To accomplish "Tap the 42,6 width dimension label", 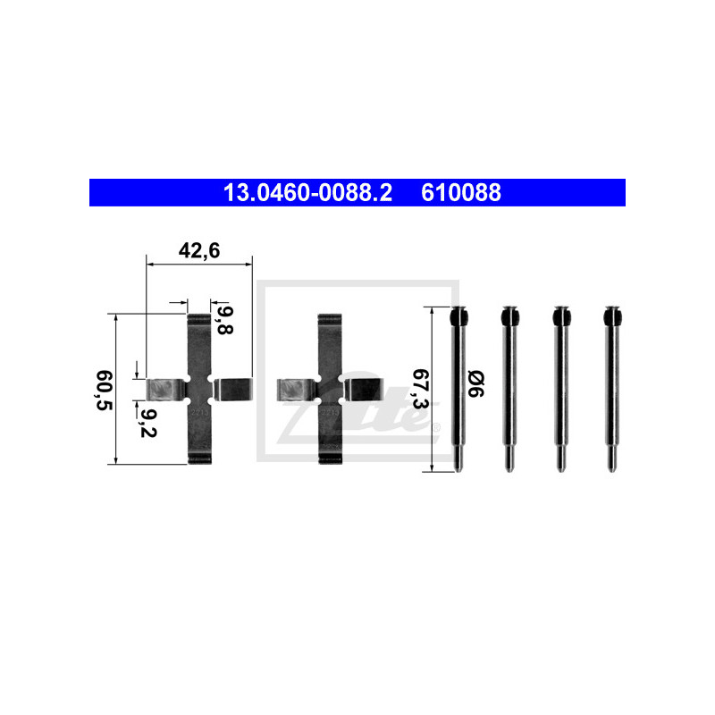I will (x=199, y=251).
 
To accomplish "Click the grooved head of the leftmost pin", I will (x=458, y=316).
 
